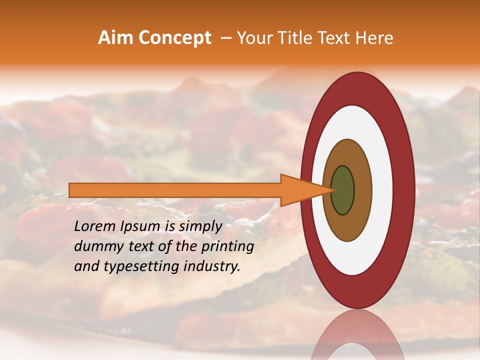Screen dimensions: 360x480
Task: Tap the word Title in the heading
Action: click(x=292, y=38)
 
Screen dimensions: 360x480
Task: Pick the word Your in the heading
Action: click(x=254, y=38)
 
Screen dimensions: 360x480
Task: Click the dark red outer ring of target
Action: click(x=405, y=190)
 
